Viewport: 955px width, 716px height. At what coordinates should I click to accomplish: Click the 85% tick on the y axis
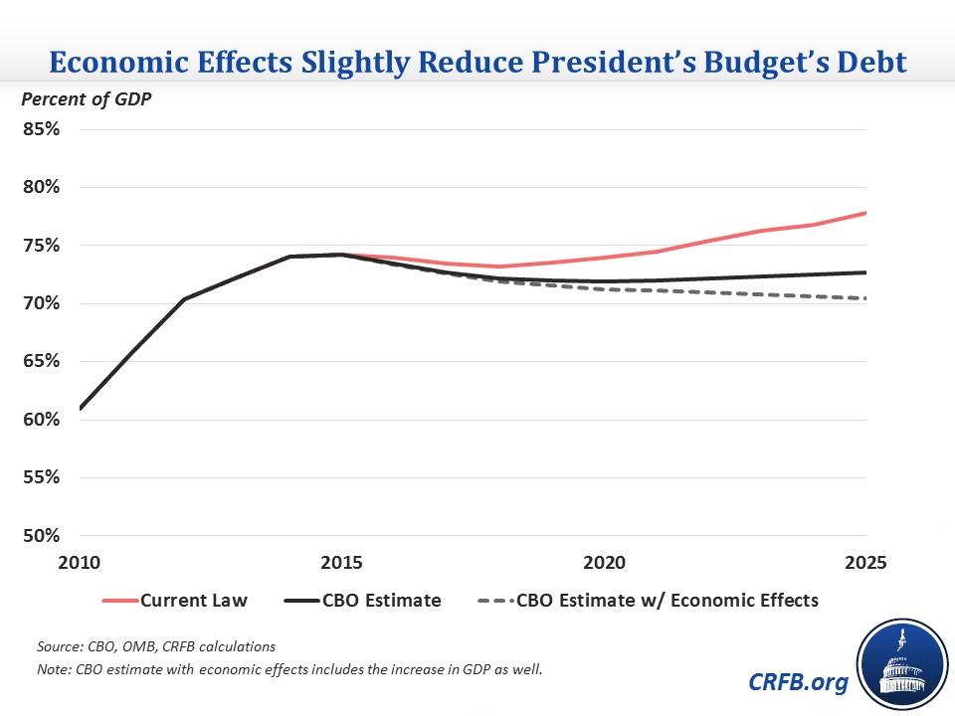click(43, 129)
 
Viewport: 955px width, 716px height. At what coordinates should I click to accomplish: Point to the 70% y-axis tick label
click(43, 303)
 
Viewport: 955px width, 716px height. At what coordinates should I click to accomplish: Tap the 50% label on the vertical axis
click(43, 536)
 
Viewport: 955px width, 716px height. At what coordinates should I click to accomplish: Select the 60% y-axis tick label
click(43, 420)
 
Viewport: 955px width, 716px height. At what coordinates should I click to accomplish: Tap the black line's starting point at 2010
click(80, 409)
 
